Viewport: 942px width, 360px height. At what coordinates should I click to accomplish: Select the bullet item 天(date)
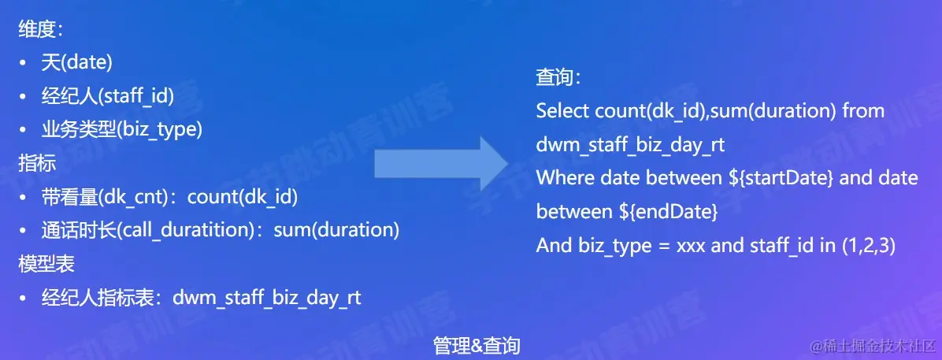coord(76,64)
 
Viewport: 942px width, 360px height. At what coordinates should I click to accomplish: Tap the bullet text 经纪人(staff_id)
coord(107,96)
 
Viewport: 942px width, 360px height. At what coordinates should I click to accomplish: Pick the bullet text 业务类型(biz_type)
coord(122,129)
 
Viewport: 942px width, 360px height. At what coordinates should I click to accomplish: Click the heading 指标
coord(32,162)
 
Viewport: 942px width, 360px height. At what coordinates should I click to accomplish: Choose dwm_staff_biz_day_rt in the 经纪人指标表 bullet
coord(267,298)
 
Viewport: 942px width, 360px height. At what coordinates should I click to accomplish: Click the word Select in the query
coord(562,111)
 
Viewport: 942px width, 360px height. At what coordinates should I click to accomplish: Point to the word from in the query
coord(863,111)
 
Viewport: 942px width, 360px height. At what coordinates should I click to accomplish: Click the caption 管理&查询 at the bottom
coord(477,345)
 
